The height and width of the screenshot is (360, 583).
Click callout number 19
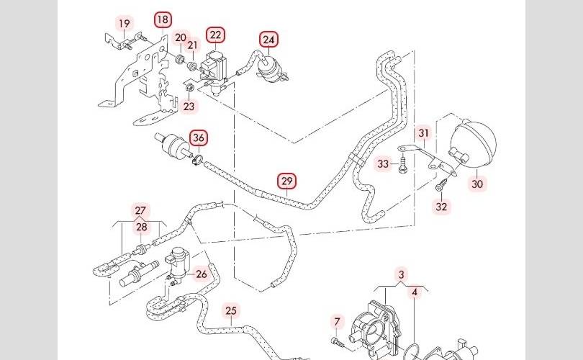[125, 24]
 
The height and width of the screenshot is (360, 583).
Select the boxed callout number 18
[163, 19]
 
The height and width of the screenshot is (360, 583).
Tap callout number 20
[181, 37]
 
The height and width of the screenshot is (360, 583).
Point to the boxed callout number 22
[215, 35]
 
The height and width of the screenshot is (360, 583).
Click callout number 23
[189, 106]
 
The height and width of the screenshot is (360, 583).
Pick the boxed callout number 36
[199, 137]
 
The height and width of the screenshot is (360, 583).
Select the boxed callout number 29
[286, 180]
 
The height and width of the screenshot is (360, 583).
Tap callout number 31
[423, 133]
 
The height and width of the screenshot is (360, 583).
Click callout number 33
[384, 164]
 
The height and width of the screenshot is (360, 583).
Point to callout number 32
[442, 207]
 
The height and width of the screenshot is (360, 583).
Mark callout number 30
[477, 184]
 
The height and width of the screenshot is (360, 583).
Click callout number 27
[141, 210]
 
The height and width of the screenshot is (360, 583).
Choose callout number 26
[201, 274]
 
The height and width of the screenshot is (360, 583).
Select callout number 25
[230, 311]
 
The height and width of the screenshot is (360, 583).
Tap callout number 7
[336, 321]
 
